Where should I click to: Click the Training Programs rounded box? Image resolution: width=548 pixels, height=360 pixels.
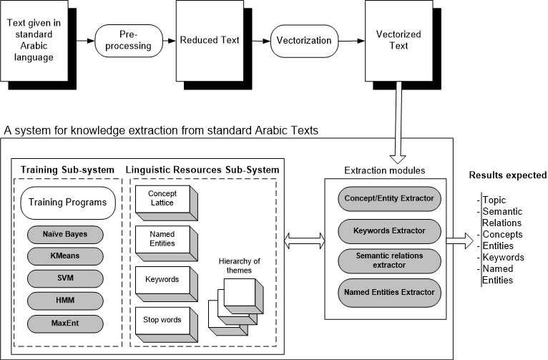coord(68,203)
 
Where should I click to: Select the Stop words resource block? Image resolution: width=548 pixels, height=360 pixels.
coord(162,320)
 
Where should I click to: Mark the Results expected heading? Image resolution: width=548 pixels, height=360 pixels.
coord(507,175)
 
